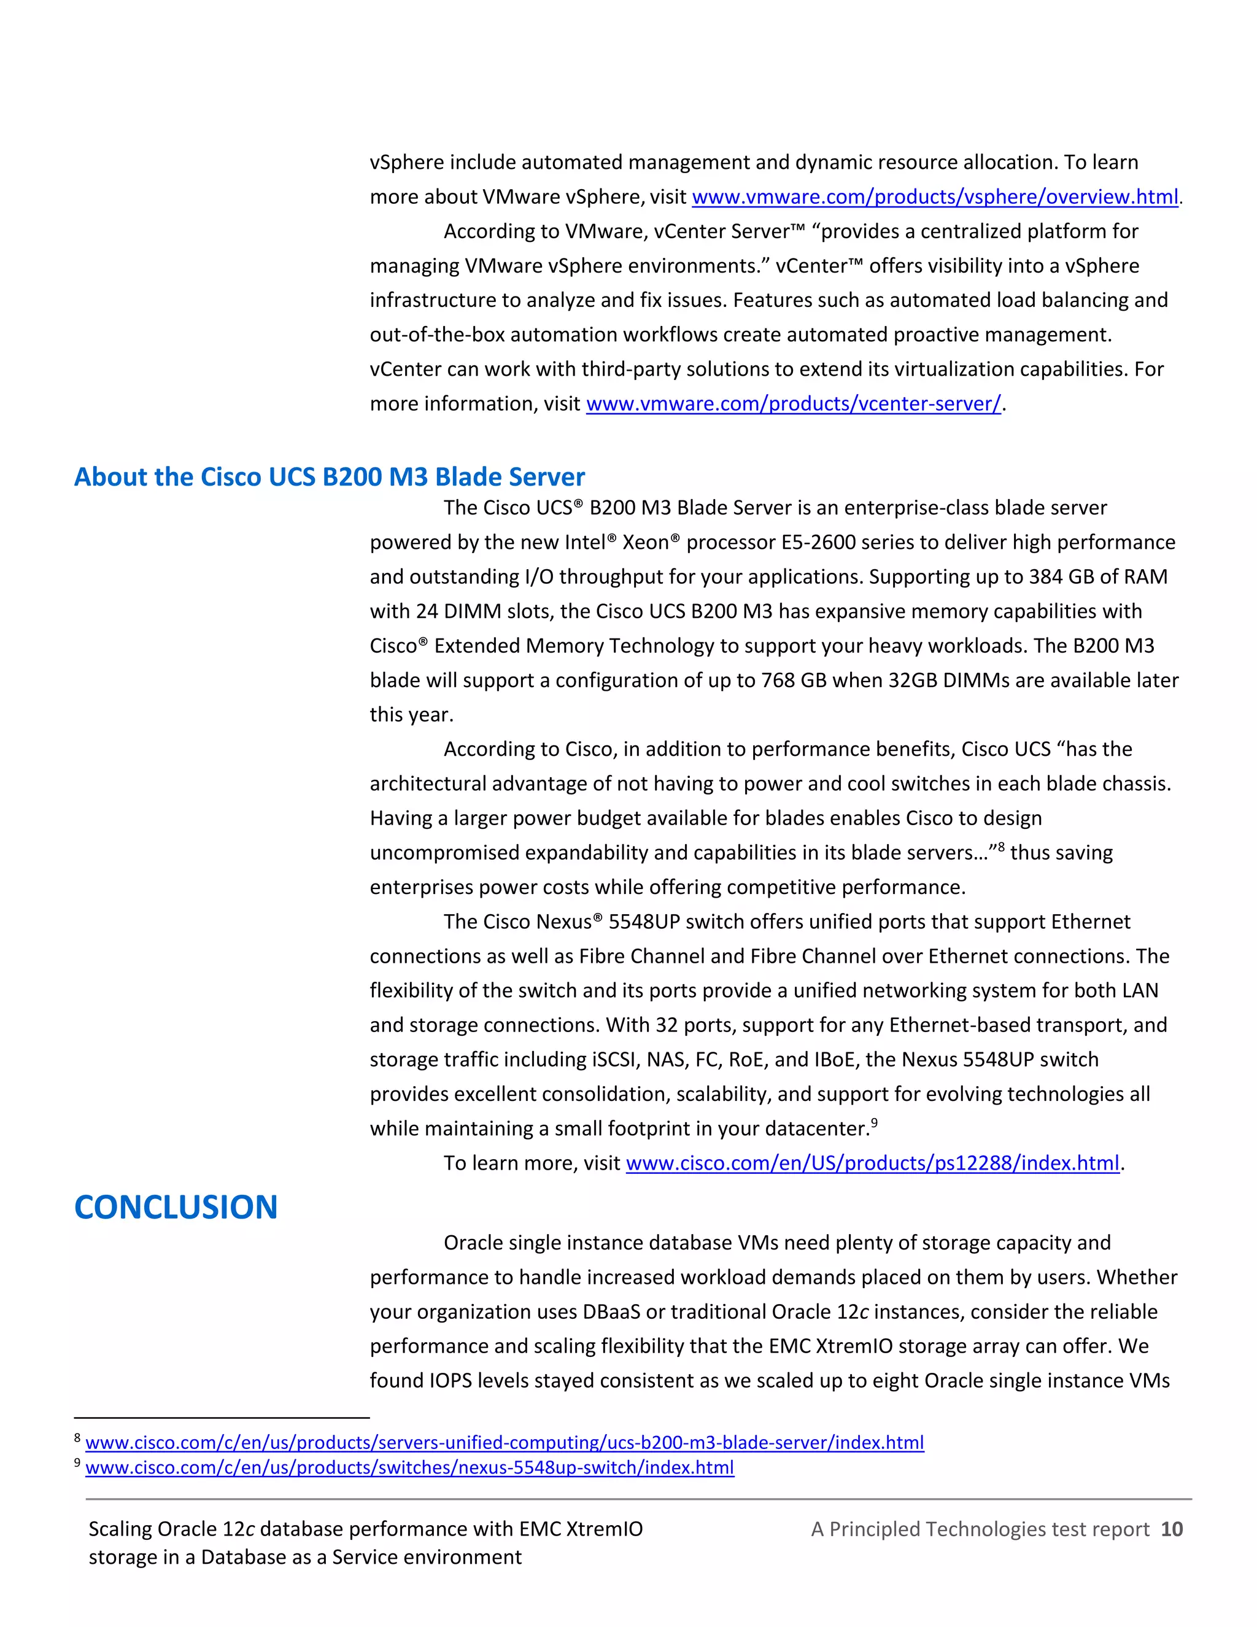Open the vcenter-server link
(x=793, y=404)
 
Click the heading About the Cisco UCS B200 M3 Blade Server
(x=329, y=477)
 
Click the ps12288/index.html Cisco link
(x=872, y=1163)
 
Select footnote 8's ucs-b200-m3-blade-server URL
(x=504, y=1442)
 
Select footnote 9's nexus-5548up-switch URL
(x=409, y=1467)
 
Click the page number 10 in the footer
(x=1171, y=1529)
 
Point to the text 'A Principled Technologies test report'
(x=980, y=1529)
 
